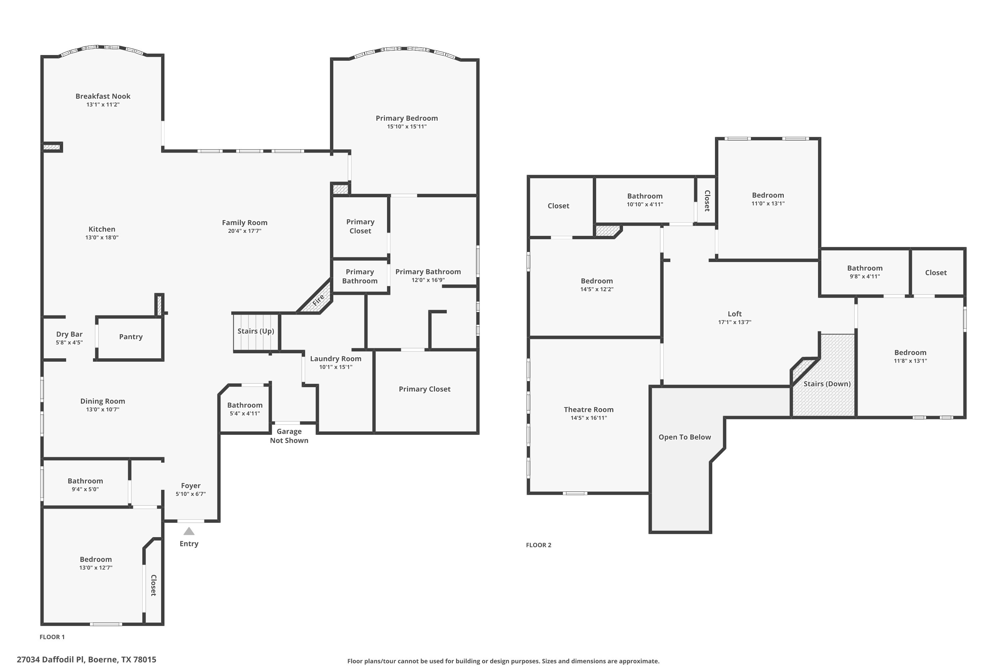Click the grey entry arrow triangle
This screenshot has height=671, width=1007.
tap(189, 531)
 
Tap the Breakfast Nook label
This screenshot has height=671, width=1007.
tap(103, 96)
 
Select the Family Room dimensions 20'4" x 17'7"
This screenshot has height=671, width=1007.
tap(244, 231)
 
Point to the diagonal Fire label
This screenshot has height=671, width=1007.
tap(318, 300)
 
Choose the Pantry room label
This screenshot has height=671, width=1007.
tap(131, 337)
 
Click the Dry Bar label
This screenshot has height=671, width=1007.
tap(69, 334)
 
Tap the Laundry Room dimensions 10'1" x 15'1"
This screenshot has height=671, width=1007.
tap(336, 367)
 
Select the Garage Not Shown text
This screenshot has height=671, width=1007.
tap(289, 435)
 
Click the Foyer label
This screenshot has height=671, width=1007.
tap(191, 486)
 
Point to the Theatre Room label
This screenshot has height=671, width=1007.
tap(589, 410)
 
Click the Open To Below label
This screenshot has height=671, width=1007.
tap(685, 437)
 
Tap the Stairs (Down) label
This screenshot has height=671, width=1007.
tap(827, 384)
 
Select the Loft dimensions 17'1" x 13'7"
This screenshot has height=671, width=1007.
tap(735, 322)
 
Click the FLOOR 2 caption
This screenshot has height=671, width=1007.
tap(539, 545)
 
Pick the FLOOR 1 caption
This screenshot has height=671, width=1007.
tap(52, 637)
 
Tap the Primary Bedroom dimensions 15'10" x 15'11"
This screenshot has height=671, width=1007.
tap(407, 127)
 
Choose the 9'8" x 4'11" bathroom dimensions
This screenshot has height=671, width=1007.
tap(865, 276)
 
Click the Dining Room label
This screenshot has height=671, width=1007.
tap(103, 401)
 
